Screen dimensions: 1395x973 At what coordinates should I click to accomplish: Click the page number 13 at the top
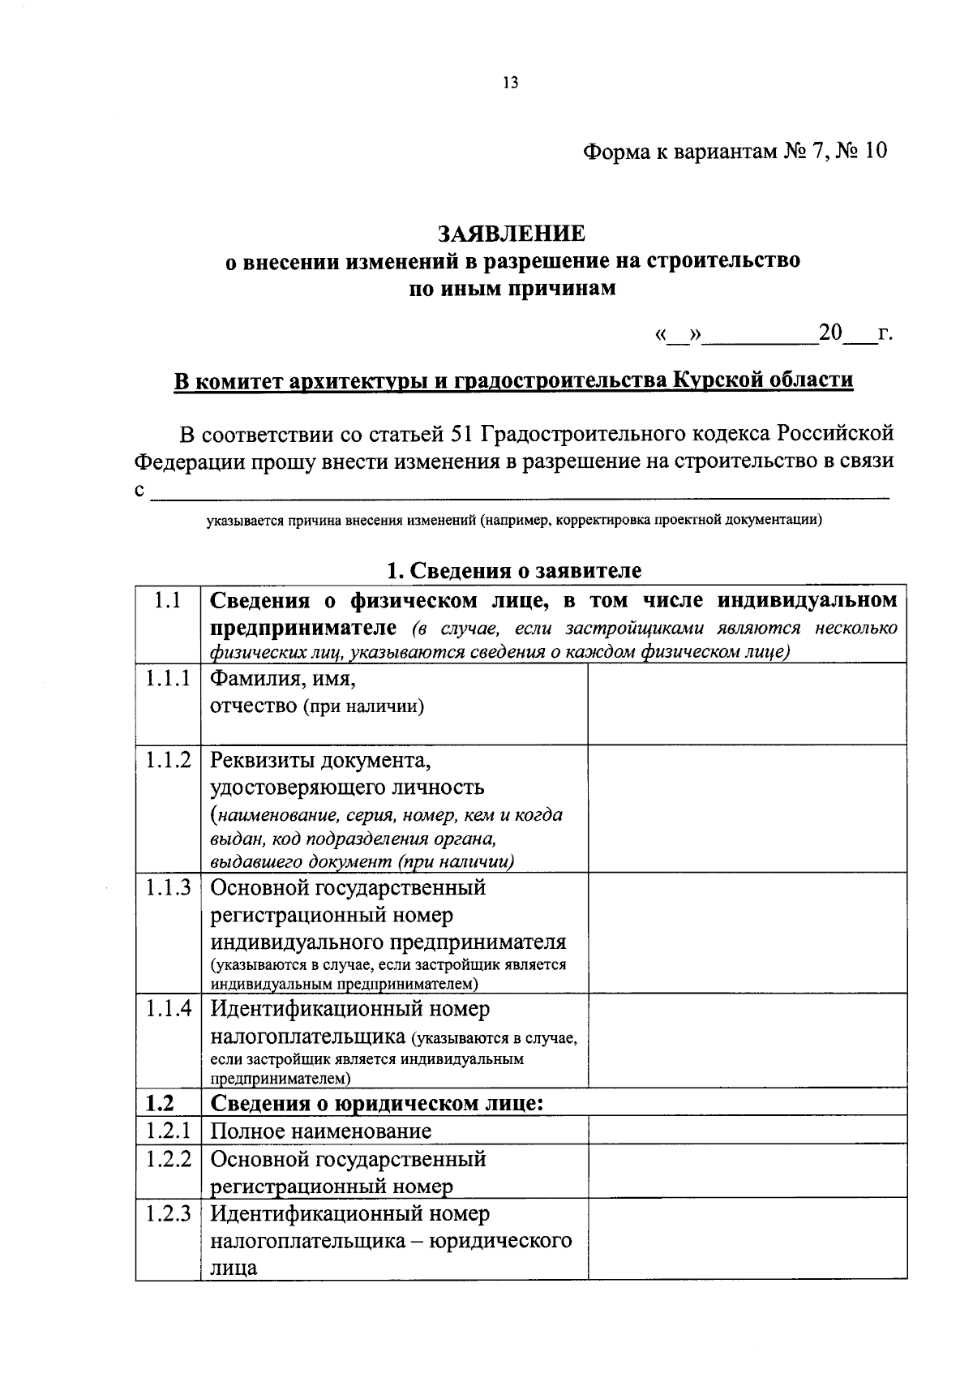pos(510,83)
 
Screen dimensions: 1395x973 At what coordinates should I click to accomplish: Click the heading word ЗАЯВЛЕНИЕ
pos(511,234)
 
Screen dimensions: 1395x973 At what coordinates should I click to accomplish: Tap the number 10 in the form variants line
pos(875,152)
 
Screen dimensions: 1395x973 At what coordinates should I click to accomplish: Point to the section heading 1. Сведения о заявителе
pos(514,570)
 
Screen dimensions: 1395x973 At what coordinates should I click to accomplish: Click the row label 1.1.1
pos(168,679)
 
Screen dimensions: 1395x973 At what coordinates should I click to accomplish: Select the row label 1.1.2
pos(168,760)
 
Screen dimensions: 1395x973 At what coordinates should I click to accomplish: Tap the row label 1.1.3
pos(168,887)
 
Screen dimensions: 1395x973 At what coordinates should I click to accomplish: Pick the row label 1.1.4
pos(168,1009)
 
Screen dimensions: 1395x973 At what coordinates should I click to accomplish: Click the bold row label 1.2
pos(160,1103)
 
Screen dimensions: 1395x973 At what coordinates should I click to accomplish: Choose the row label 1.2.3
pos(168,1213)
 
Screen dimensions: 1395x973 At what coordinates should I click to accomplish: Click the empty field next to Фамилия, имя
pos(746,703)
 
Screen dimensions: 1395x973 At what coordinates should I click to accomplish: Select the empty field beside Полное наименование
pos(746,1130)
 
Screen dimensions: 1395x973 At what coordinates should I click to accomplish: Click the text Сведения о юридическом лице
pos(376,1103)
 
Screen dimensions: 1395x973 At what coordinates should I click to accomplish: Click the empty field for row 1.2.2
pos(746,1170)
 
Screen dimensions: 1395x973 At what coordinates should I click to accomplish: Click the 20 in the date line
pos(831,333)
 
